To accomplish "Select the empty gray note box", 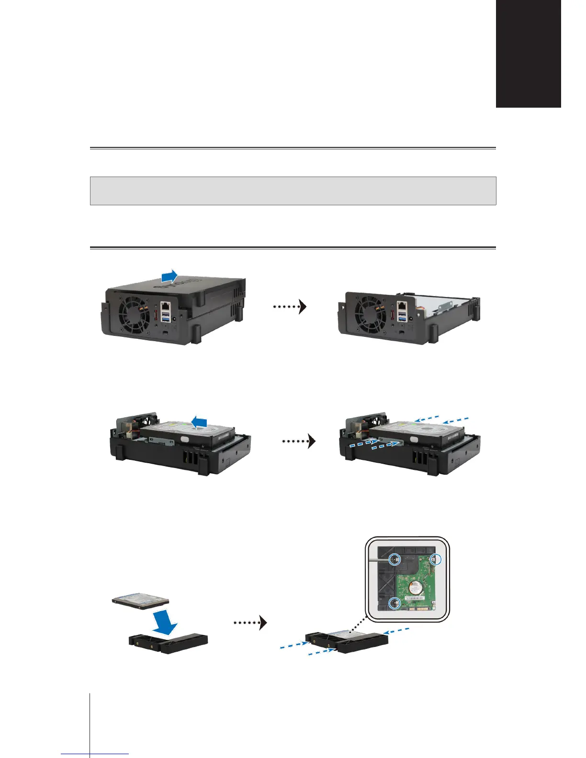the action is coord(293,190).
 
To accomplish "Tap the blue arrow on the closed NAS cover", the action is coord(169,276).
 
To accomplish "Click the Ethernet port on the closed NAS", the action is coord(165,305).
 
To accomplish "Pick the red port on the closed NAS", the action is coord(155,316).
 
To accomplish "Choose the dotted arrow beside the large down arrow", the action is coord(249,623).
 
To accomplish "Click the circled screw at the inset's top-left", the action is coord(394,559).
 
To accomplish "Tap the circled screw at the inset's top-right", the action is coord(435,559).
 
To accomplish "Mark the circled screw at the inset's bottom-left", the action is coord(394,603).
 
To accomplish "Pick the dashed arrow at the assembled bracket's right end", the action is coord(397,631).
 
